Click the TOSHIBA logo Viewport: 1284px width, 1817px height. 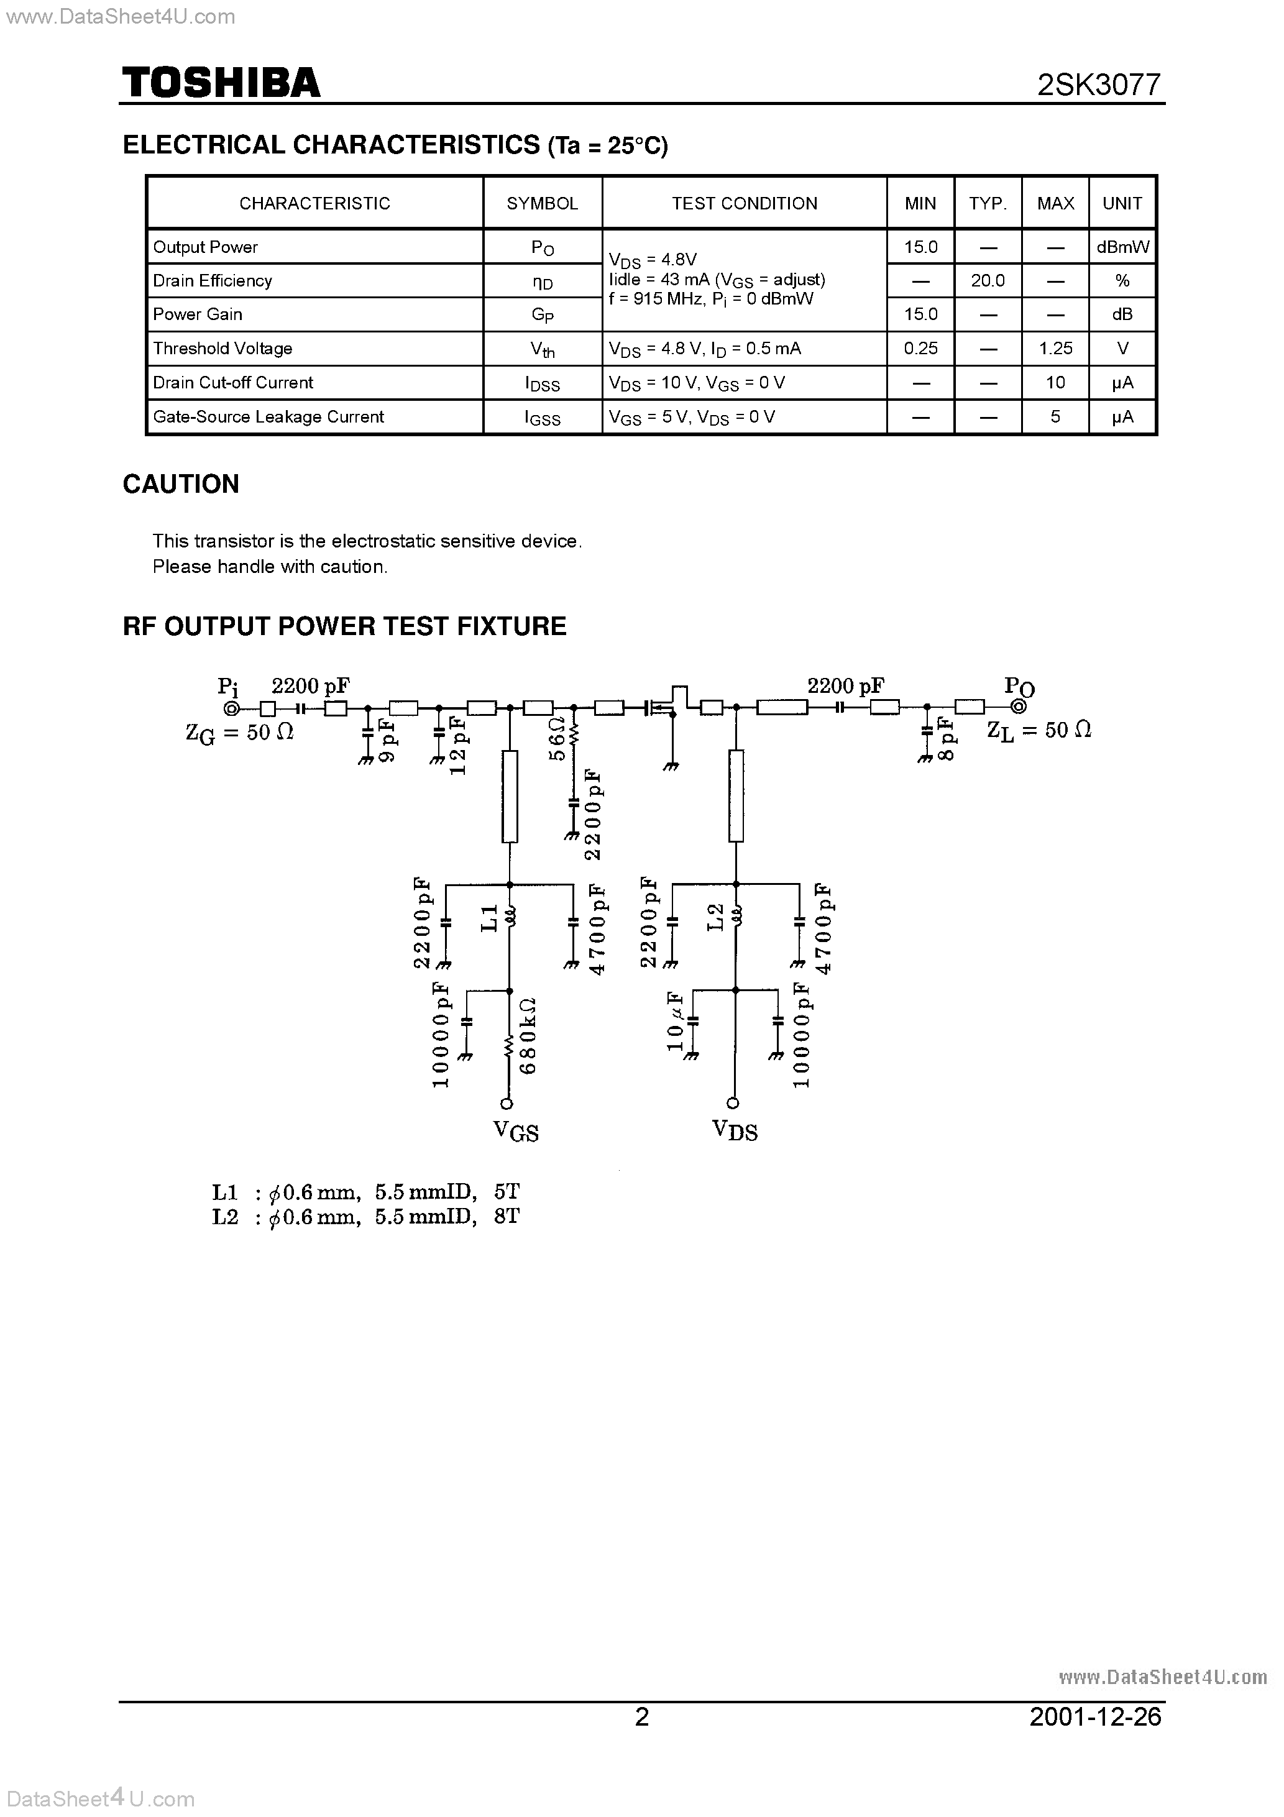pyautogui.click(x=221, y=83)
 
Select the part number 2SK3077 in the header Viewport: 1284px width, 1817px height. pyautogui.click(x=1099, y=85)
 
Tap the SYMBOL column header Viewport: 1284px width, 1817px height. pyautogui.click(x=543, y=203)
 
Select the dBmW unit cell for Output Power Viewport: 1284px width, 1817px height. pyautogui.click(x=1122, y=247)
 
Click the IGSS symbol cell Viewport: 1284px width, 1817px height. pyautogui.click(x=543, y=418)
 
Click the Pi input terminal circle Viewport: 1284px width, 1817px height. pyautogui.click(x=231, y=708)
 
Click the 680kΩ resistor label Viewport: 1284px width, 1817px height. pyautogui.click(x=528, y=1035)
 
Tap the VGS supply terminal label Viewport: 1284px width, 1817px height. pyautogui.click(x=515, y=1131)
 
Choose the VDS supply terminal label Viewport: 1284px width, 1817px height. pyautogui.click(x=735, y=1131)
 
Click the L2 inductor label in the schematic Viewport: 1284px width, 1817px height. pyautogui.click(x=715, y=917)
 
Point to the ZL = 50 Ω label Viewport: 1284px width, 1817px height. pyautogui.click(x=1039, y=730)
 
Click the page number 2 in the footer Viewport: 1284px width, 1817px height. pyautogui.click(x=642, y=1716)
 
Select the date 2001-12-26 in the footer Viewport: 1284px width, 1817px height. pyautogui.click(x=1095, y=1716)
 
